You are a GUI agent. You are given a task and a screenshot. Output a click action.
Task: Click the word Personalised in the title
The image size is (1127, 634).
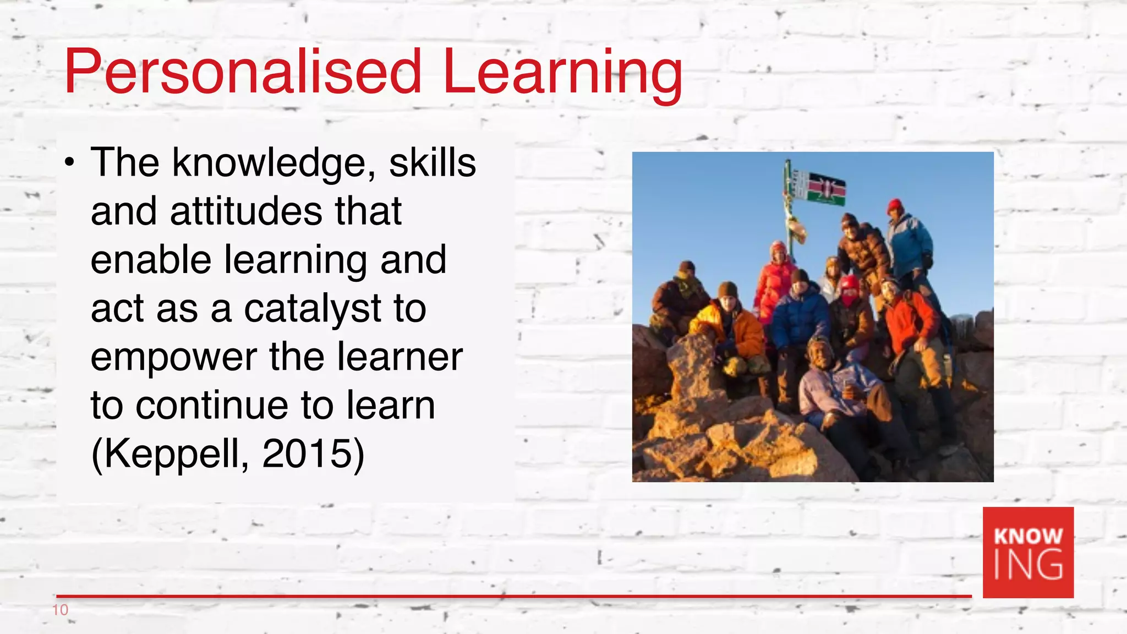click(242, 73)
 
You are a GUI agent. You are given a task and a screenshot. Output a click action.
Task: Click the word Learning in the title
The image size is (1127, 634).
click(562, 73)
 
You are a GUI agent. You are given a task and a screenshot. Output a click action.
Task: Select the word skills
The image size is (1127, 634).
click(433, 163)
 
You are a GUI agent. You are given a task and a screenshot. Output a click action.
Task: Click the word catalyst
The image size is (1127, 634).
click(313, 308)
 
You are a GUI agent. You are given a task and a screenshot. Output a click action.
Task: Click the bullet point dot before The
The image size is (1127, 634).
click(69, 163)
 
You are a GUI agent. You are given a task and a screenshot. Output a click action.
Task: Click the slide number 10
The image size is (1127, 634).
click(60, 610)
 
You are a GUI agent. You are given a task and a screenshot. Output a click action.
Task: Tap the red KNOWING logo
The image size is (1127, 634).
click(1028, 552)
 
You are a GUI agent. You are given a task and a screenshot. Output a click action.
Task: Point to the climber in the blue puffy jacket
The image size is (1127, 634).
click(801, 316)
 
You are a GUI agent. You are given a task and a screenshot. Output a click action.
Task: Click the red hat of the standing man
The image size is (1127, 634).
click(895, 206)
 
